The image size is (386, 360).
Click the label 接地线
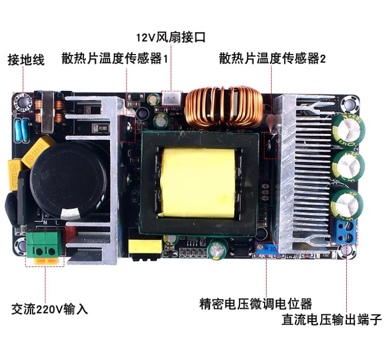[26, 60]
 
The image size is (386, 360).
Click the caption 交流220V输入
[49, 309]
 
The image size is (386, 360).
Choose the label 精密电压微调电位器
[256, 303]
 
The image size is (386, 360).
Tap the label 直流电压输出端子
[331, 320]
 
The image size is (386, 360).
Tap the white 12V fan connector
[172, 99]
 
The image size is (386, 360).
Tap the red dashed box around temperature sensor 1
[126, 129]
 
